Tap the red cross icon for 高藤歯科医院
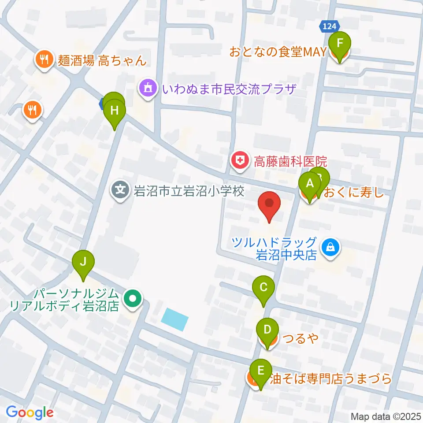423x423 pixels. coord(240,159)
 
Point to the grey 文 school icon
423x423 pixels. coord(120,191)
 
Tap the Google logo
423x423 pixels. coord(30,412)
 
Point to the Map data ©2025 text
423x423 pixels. coord(386,416)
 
